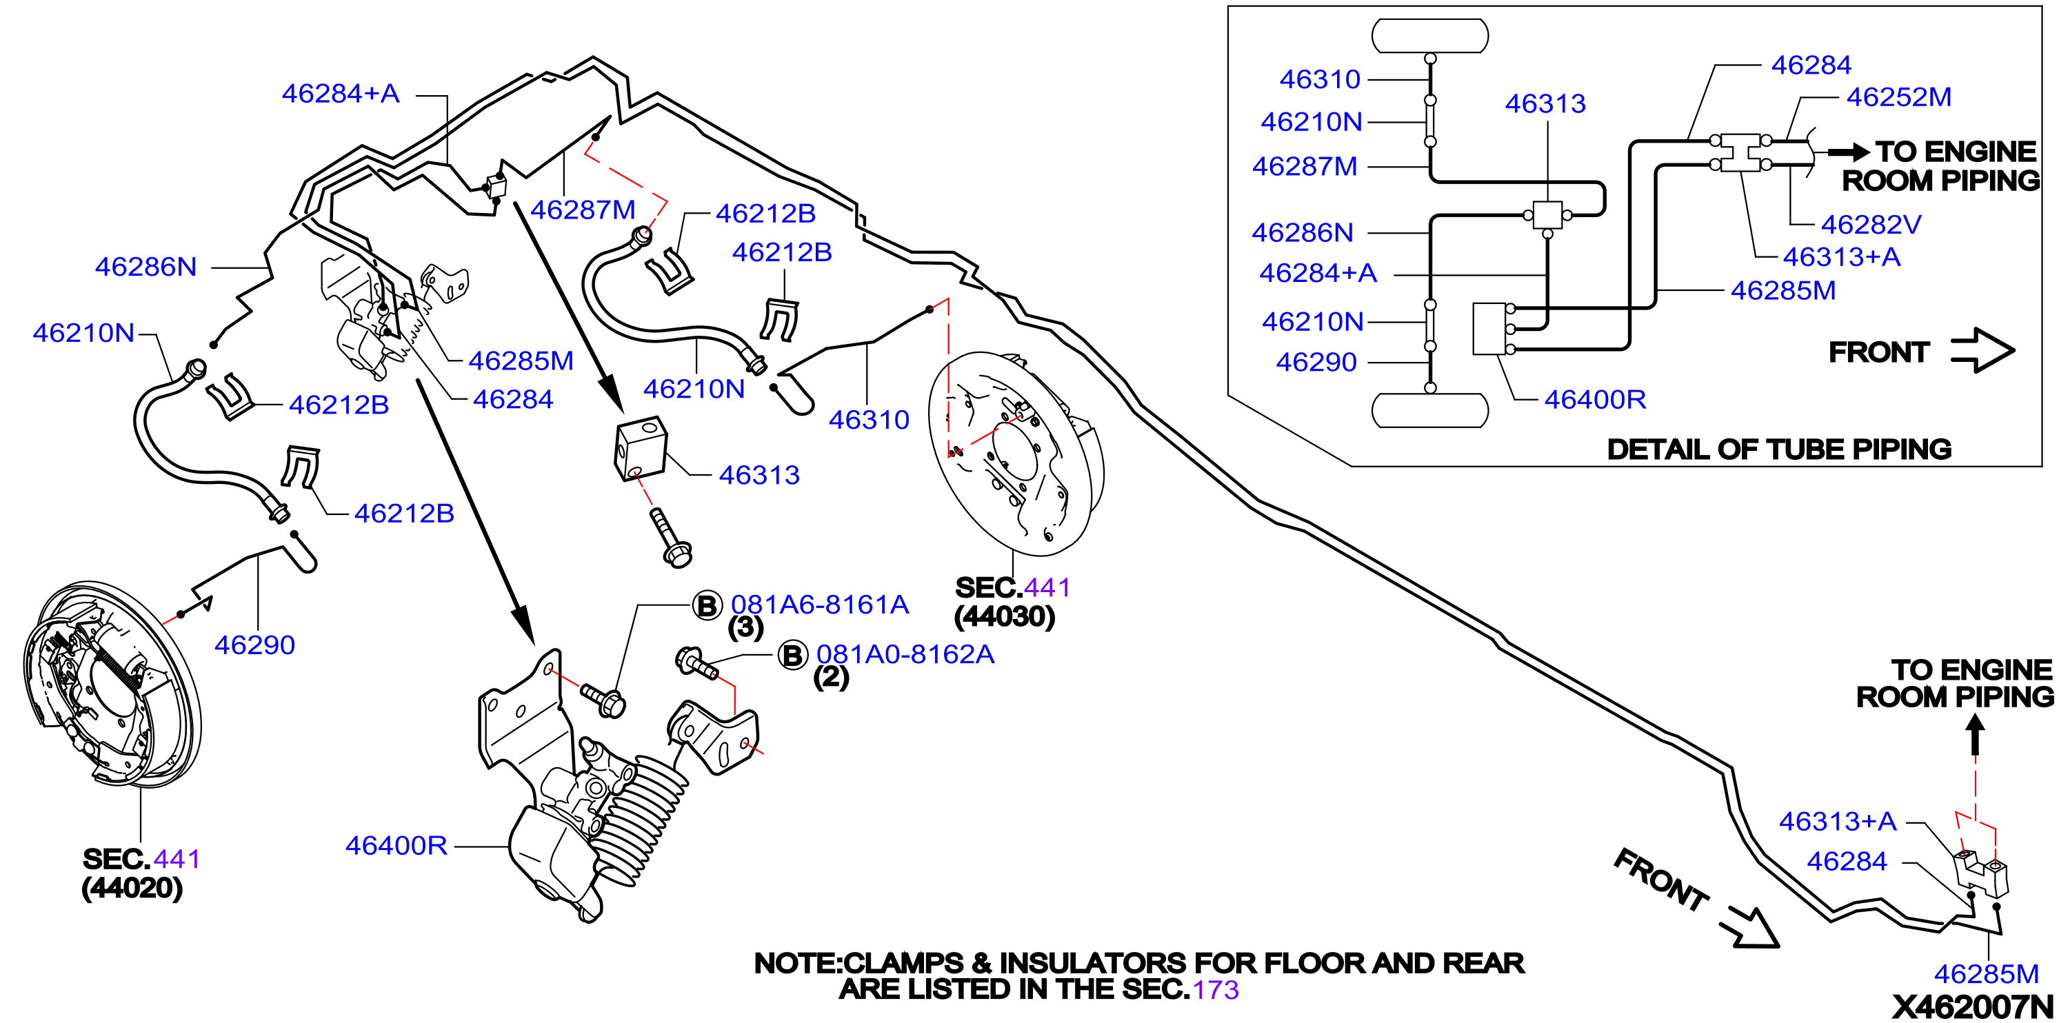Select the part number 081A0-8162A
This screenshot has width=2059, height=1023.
point(905,655)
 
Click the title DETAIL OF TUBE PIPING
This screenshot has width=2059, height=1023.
point(1779,449)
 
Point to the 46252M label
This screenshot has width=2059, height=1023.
point(1898,97)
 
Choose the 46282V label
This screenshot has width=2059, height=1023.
point(1870,225)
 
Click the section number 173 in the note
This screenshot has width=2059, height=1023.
point(1215,989)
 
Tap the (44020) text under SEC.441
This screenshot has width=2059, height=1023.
point(132,888)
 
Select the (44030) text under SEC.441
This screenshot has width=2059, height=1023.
point(1005,616)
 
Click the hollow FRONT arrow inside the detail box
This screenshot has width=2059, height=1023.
point(1982,350)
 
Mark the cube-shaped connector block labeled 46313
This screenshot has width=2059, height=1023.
point(640,447)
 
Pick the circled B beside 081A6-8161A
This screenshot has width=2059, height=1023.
point(707,606)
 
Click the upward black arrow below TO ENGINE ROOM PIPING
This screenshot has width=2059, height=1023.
point(1975,734)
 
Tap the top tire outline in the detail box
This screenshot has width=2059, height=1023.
point(1430,36)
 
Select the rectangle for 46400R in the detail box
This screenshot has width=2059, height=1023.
point(1490,329)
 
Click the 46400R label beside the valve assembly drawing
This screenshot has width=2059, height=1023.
point(396,846)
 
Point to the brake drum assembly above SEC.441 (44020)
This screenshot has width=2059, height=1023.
point(112,683)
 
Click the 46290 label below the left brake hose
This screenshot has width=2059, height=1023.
point(254,645)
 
